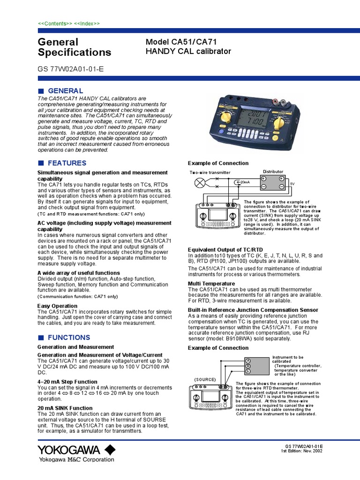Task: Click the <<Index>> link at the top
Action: pyautogui.click(x=87, y=23)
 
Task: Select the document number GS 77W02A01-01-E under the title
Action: pyautogui.click(x=70, y=68)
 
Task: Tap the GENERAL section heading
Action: pyautogui.click(x=66, y=90)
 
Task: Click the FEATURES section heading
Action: pyautogui.click(x=67, y=163)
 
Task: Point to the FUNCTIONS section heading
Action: pyautogui.click(x=69, y=337)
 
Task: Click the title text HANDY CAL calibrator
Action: pyautogui.click(x=188, y=51)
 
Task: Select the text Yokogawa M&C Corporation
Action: pyautogui.click(x=75, y=459)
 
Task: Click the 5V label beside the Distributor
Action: pyautogui.click(x=292, y=183)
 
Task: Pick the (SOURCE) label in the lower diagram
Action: pyautogui.click(x=205, y=379)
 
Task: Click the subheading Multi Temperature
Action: pyautogui.click(x=211, y=284)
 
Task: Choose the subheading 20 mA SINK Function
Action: pyautogui.click(x=65, y=408)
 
